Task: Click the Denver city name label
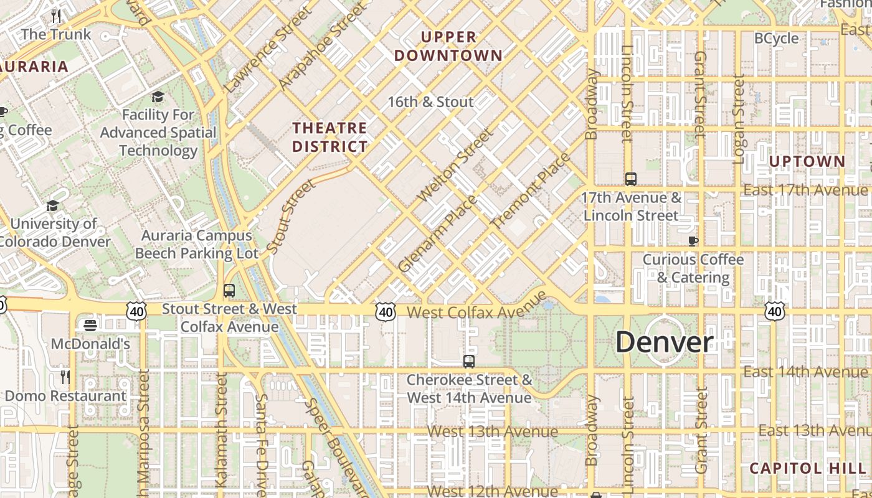[665, 342]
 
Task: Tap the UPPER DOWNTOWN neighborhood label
[448, 46]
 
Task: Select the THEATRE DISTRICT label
[330, 137]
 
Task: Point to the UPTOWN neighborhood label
[807, 162]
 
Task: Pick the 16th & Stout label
[430, 101]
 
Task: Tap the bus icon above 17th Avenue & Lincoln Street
[630, 179]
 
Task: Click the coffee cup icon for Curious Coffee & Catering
[693, 241]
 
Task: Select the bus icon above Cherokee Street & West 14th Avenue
[468, 361]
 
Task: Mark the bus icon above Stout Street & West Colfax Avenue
[229, 290]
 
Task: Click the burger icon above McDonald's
[90, 325]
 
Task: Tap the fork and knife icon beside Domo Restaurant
[65, 377]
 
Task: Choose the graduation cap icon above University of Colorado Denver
[53, 205]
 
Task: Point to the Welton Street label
[454, 166]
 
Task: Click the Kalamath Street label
[221, 430]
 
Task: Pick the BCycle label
[776, 39]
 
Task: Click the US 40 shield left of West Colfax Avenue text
[386, 311]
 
